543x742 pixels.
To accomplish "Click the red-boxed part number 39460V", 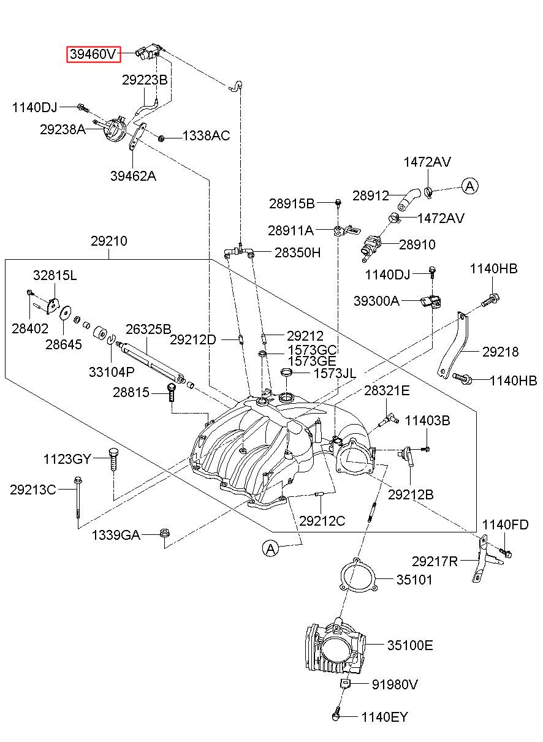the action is (94, 54).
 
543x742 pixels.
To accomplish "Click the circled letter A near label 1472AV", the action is (470, 186).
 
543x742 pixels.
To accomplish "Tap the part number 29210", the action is (109, 241).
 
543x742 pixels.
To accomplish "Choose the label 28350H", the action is (297, 252).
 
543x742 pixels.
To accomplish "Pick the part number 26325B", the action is (148, 329).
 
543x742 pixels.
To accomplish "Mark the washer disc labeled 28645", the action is (65, 312).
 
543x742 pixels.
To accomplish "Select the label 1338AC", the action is (206, 135).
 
